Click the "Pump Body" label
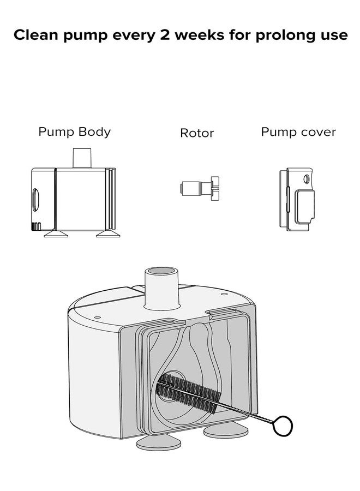74,132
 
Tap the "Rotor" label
197,133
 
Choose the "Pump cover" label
298,132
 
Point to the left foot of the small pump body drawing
56,234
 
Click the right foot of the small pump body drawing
106,234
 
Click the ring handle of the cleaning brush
283,425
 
